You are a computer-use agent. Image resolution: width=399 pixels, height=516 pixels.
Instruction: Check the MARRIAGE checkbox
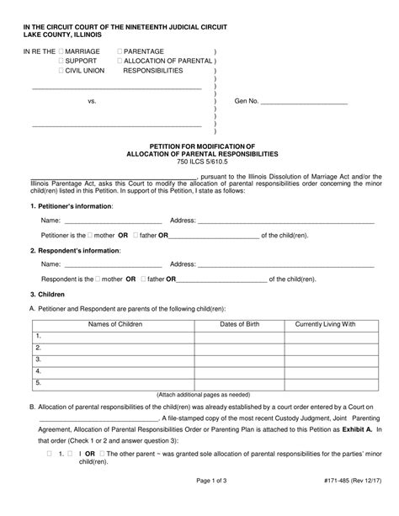click(61, 52)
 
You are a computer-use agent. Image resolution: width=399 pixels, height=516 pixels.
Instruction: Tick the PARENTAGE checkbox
click(120, 52)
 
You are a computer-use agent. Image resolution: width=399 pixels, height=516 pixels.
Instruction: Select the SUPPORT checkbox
click(61, 61)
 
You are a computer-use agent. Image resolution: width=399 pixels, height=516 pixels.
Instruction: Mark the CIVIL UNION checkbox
click(61, 72)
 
